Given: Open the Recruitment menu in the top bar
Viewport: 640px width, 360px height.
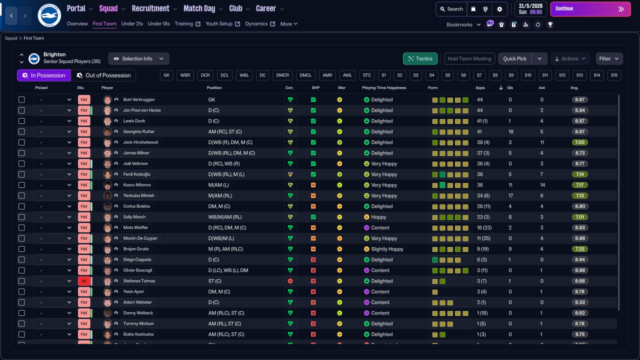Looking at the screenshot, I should tap(150, 8).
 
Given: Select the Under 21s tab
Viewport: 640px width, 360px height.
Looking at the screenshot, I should tap(132, 23).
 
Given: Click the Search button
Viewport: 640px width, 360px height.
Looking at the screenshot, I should tap(450, 9).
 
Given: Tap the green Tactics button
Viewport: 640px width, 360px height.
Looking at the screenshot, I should tap(420, 58).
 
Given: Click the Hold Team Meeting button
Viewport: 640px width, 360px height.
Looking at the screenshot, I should tap(469, 58).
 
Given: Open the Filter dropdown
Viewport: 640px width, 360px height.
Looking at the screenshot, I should tap(609, 58).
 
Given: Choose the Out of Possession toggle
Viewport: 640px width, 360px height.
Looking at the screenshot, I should tap(103, 75).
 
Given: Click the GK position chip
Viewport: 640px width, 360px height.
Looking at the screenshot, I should tap(167, 75).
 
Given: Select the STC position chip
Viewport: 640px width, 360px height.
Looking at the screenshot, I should tap(367, 75).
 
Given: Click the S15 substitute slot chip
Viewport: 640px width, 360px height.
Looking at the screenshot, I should tap(614, 75).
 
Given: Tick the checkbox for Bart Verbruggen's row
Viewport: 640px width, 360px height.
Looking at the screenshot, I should tap(21, 99).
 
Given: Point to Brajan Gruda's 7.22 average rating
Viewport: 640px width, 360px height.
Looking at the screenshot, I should tap(580, 249).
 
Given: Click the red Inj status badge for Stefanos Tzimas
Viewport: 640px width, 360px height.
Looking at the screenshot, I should tap(84, 281).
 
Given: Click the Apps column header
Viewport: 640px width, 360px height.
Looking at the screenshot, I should tap(479, 88).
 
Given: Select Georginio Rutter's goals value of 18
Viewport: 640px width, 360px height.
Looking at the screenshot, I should tap(510, 131).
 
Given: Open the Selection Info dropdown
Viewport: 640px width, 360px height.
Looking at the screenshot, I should tap(138, 58).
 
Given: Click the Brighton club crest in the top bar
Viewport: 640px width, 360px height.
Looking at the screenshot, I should tap(49, 15).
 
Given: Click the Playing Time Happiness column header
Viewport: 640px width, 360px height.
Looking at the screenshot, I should tap(384, 88).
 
